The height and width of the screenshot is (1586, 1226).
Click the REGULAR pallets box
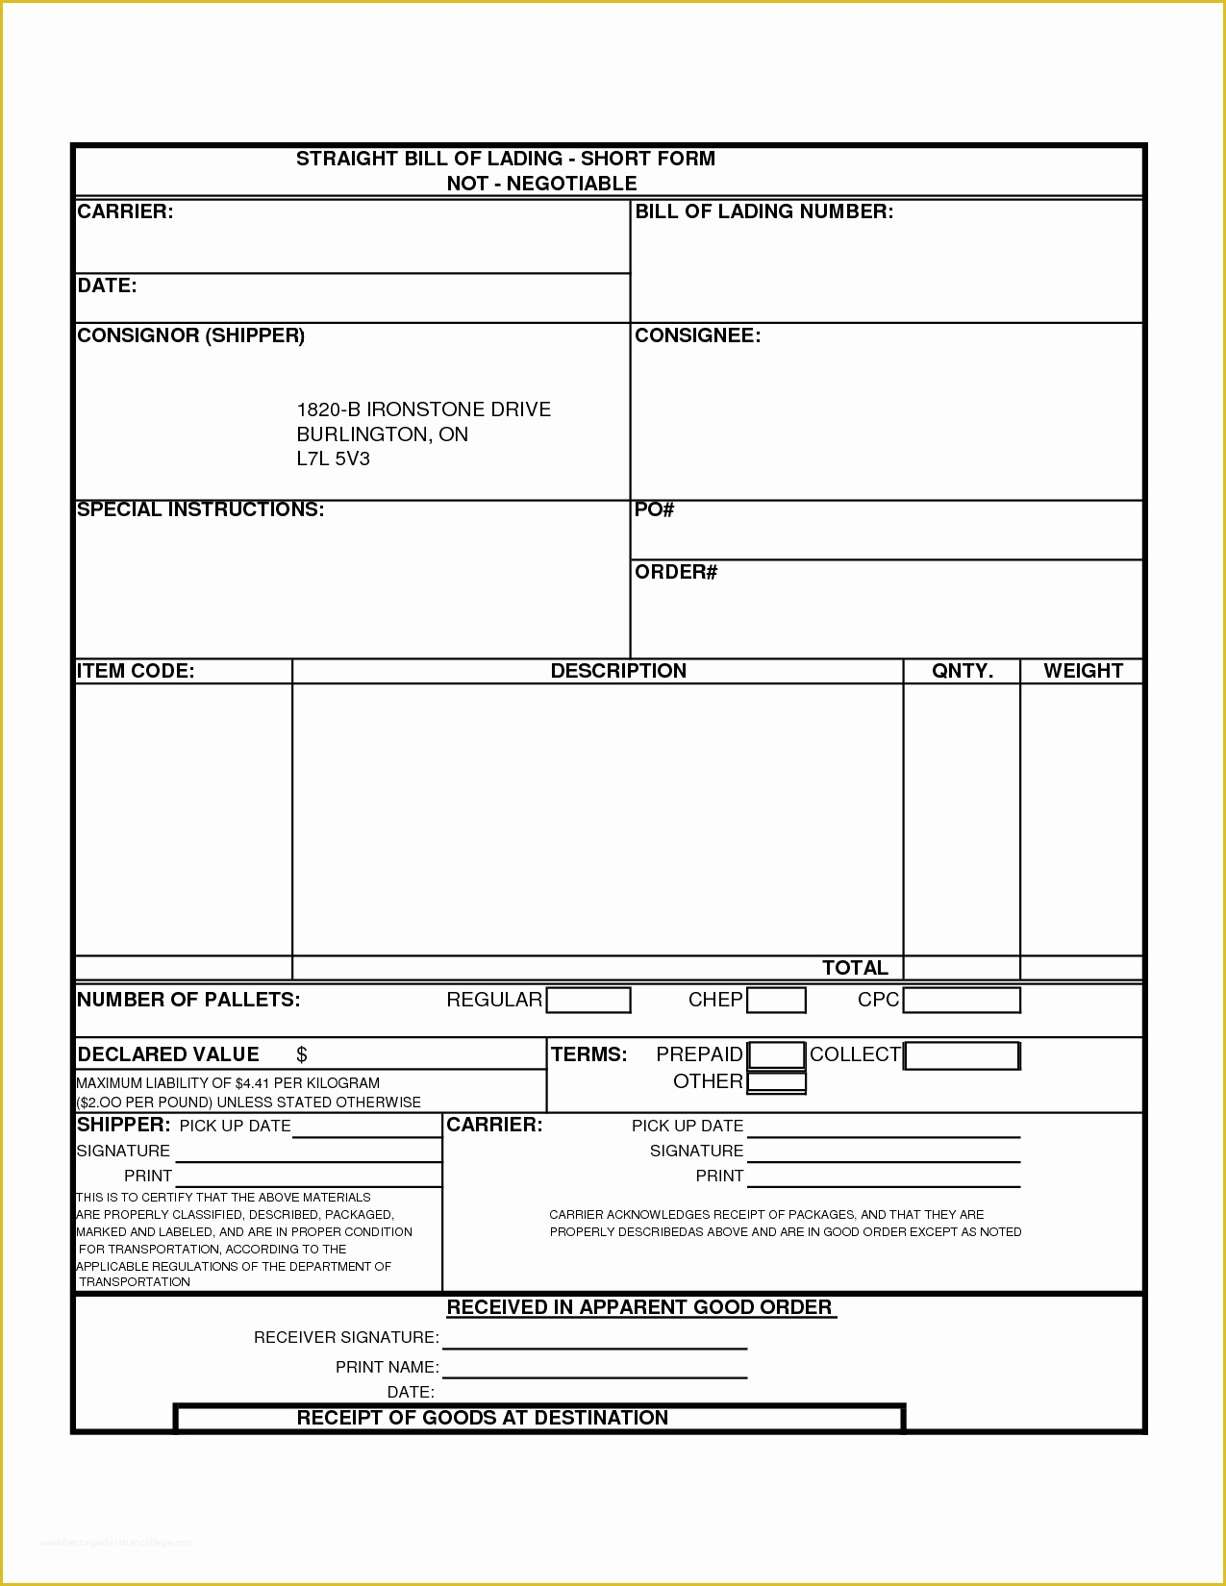[588, 1001]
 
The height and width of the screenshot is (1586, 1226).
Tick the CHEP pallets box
[776, 1001]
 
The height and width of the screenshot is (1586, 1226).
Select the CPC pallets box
[961, 1001]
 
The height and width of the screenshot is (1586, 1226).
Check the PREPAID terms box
[776, 1055]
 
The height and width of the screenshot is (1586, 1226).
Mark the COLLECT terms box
[961, 1055]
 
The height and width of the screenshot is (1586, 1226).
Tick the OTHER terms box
[776, 1082]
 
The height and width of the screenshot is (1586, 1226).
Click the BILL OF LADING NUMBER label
[763, 211]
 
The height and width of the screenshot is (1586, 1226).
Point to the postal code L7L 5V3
[333, 458]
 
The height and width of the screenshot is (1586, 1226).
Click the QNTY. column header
[962, 671]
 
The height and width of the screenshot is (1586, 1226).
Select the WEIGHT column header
[1083, 671]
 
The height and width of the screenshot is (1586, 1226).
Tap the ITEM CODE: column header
[136, 671]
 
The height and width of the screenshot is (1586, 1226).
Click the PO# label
[654, 509]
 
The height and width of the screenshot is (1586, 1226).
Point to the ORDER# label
[676, 572]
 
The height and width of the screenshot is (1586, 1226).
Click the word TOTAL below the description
[854, 968]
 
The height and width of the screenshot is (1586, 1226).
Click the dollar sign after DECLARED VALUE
[301, 1054]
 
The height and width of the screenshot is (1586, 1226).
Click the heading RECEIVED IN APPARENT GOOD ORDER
[639, 1307]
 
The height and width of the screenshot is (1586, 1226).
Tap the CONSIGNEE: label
[697, 335]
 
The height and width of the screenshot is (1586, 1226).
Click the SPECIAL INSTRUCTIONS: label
[200, 509]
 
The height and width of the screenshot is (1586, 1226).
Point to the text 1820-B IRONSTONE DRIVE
[423, 409]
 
